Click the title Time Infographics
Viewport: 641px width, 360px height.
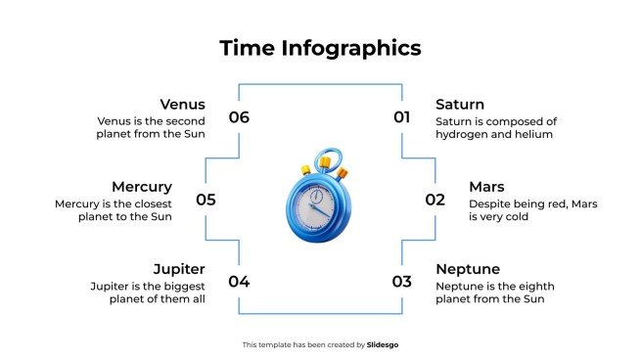pyautogui.click(x=320, y=48)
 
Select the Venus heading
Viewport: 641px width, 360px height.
pyautogui.click(x=183, y=104)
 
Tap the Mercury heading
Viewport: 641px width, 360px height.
pyautogui.click(x=142, y=186)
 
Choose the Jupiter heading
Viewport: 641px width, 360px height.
pyautogui.click(x=179, y=268)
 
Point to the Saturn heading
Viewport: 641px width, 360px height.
pyautogui.click(x=460, y=104)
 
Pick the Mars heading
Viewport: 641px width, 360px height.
pyautogui.click(x=486, y=186)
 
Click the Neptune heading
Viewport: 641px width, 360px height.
pyautogui.click(x=468, y=268)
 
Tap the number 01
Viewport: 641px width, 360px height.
pyautogui.click(x=402, y=117)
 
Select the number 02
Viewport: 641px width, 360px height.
pyautogui.click(x=435, y=200)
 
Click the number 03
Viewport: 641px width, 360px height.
pyautogui.click(x=402, y=282)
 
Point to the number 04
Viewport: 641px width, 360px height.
pyautogui.click(x=239, y=282)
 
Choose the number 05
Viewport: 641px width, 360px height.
pyautogui.click(x=206, y=200)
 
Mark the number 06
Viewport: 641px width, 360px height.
pyautogui.click(x=239, y=117)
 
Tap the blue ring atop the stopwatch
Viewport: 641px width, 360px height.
pyautogui.click(x=331, y=157)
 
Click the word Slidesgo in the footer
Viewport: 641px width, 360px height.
pyautogui.click(x=383, y=344)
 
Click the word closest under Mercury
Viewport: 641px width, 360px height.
pyautogui.click(x=151, y=203)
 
